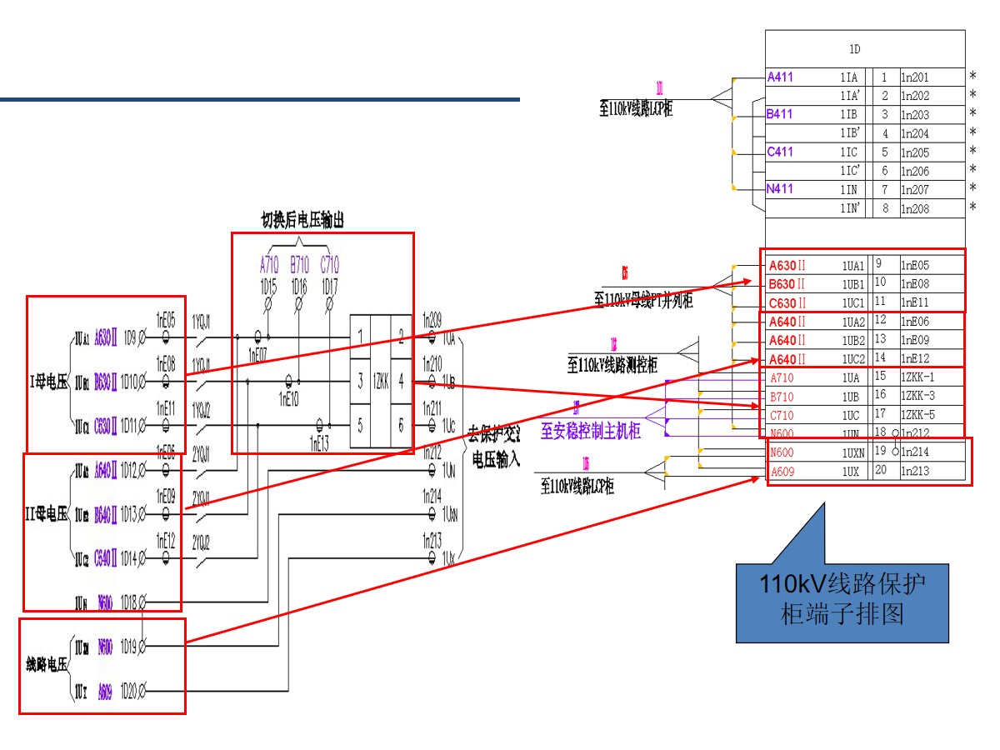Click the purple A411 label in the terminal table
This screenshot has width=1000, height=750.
click(x=781, y=77)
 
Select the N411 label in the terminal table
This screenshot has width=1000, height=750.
click(x=781, y=189)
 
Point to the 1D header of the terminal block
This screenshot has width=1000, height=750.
click(x=865, y=50)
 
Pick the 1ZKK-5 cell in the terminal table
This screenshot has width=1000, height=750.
click(x=917, y=415)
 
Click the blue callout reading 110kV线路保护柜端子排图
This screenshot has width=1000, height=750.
click(x=842, y=599)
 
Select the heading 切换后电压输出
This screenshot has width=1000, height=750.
click(x=302, y=220)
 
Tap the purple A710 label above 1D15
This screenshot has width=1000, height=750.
click(x=268, y=266)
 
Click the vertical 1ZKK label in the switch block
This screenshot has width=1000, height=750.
click(x=381, y=381)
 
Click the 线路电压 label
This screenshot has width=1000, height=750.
click(x=47, y=665)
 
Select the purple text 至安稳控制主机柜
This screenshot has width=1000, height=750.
click(x=591, y=432)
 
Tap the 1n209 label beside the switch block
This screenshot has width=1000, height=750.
click(x=432, y=318)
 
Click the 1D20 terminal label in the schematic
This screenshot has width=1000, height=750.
click(x=129, y=691)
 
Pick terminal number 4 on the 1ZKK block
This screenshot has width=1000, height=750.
click(x=401, y=381)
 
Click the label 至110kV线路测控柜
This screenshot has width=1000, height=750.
click(x=612, y=365)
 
